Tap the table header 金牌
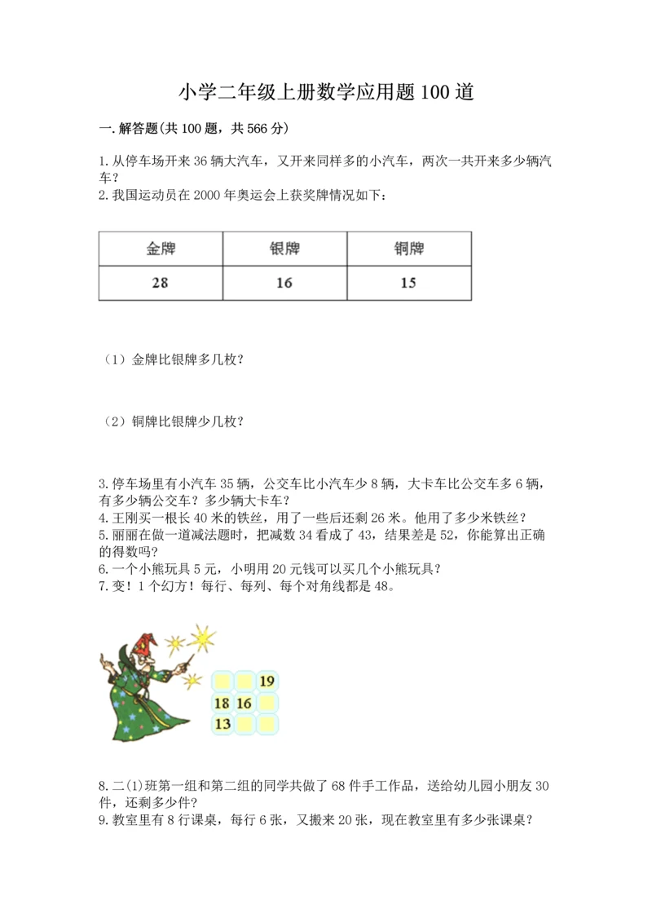click(x=161, y=249)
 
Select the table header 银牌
click(x=284, y=249)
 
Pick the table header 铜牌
click(x=408, y=249)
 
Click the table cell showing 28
click(x=161, y=283)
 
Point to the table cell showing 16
click(x=284, y=283)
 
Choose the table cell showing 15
click(x=408, y=283)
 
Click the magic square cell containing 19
click(x=267, y=682)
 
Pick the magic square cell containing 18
click(x=222, y=702)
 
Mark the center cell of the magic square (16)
click(x=244, y=702)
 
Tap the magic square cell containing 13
click(x=222, y=723)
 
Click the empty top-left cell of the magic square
click(x=222, y=682)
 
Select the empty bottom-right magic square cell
click(x=267, y=723)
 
